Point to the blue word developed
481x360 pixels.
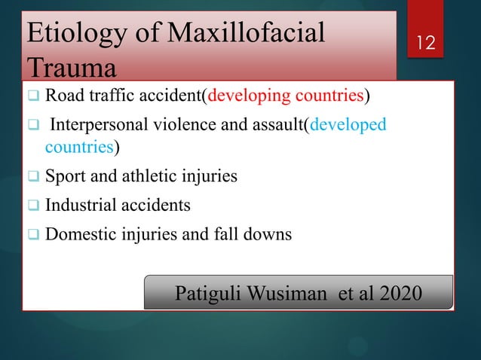pos(348,124)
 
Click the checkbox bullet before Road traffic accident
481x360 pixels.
pos(34,98)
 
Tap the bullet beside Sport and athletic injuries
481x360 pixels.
pos(34,178)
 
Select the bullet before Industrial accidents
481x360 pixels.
pos(34,206)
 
